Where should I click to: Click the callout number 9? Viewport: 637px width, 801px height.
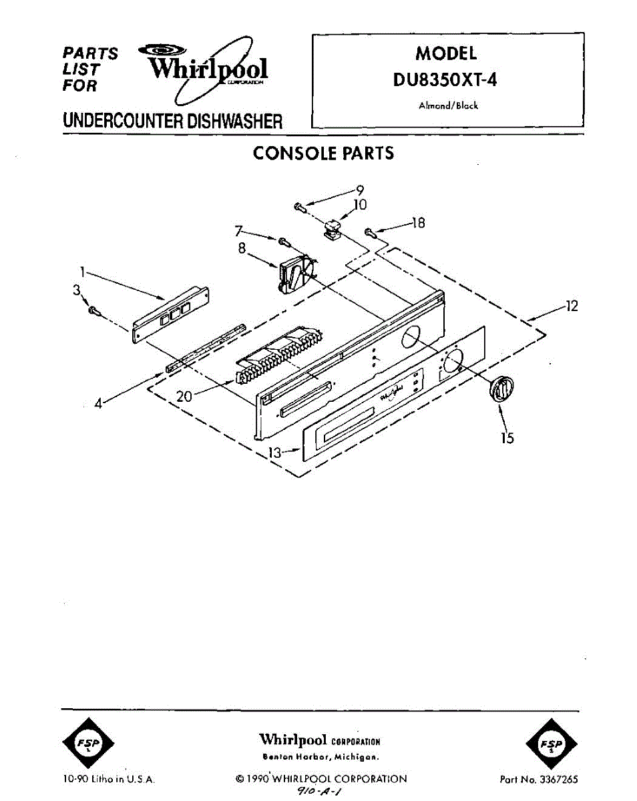click(x=359, y=188)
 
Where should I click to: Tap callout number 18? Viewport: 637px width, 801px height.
click(x=418, y=223)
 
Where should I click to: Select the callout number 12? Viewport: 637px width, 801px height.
click(x=572, y=306)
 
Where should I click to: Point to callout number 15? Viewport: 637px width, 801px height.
click(x=507, y=439)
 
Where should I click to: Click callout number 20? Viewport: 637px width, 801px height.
click(x=184, y=396)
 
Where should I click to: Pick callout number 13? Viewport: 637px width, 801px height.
click(x=275, y=453)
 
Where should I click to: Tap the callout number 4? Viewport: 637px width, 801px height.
click(x=99, y=403)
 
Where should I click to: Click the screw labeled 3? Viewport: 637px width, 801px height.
click(x=94, y=310)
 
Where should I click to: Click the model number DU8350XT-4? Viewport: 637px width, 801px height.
click(x=446, y=79)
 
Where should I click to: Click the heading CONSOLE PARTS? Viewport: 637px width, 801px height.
click(x=323, y=154)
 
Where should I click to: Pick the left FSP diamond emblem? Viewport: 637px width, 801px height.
click(x=87, y=744)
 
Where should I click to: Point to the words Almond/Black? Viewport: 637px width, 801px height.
click(x=448, y=105)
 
